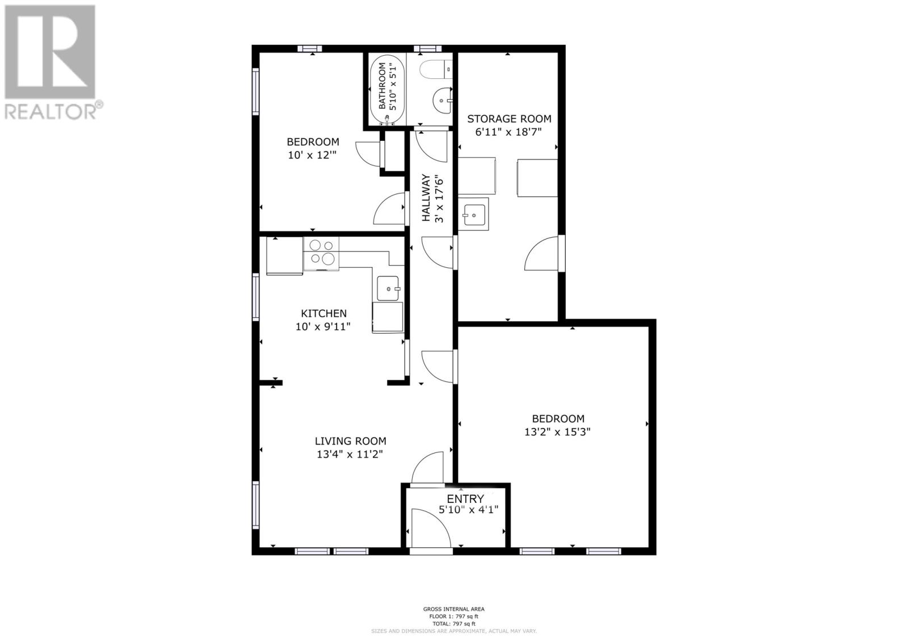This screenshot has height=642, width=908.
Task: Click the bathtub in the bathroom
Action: point(387,90)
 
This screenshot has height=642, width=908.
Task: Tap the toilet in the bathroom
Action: point(436,69)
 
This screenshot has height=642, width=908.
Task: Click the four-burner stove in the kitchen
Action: point(321,254)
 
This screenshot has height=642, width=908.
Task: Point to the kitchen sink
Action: point(388,288)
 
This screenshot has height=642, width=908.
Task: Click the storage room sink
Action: point(474,215)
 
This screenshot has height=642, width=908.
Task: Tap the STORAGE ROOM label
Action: point(509,119)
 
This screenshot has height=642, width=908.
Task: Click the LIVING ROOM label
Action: point(350,441)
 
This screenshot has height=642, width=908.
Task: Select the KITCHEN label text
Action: point(323,313)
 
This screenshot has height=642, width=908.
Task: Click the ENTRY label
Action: point(465,498)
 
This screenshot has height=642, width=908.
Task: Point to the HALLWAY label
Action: point(426,198)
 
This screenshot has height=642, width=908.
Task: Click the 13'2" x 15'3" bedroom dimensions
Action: point(557,431)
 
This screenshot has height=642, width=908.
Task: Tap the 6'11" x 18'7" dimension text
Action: point(508,132)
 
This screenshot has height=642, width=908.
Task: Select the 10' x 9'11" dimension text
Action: point(323,326)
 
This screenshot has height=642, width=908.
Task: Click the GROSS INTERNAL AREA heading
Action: point(453,609)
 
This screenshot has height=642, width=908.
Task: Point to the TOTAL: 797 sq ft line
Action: point(453,624)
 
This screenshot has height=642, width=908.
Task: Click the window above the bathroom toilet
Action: point(427,49)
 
